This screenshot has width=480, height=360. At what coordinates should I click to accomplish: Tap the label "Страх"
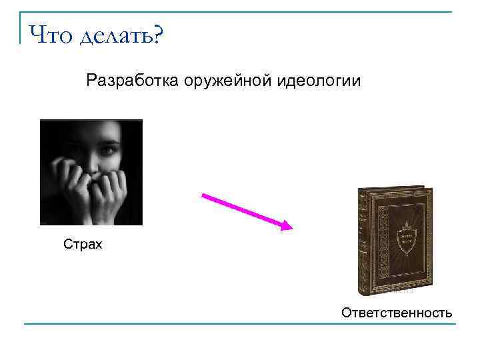(x=83, y=245)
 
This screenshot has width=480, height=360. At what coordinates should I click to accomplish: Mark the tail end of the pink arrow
(x=203, y=195)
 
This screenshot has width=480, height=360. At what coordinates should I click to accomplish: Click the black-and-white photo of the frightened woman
(x=91, y=172)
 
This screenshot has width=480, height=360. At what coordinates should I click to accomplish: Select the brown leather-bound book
(x=395, y=240)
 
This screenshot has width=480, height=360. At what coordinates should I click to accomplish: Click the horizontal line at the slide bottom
(x=240, y=325)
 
